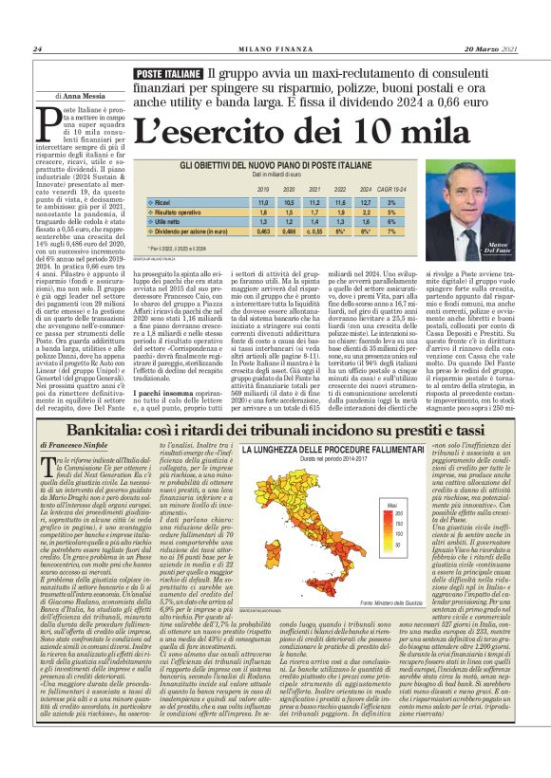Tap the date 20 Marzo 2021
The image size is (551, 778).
tap(490, 49)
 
